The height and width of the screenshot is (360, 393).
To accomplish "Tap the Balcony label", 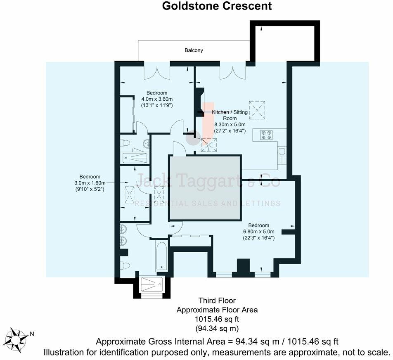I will (x=194, y=50).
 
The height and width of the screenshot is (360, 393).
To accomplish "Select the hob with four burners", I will (x=267, y=135).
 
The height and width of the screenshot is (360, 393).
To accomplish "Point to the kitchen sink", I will (x=282, y=156).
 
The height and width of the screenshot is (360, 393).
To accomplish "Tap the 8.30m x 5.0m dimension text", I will (x=230, y=125).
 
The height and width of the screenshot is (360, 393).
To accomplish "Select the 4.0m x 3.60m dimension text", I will (x=157, y=99).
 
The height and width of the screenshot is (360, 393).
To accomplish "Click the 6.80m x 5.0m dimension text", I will (x=259, y=232).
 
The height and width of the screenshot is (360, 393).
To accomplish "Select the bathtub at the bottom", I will (x=161, y=256).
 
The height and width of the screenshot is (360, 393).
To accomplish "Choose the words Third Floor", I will (x=217, y=301).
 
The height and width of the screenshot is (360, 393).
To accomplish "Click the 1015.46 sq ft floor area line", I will (x=217, y=319).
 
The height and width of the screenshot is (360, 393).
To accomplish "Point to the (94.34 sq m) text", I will (x=217, y=328).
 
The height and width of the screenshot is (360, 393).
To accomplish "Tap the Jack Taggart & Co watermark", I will (x=208, y=181).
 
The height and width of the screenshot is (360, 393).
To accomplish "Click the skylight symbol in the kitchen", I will (x=258, y=109).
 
